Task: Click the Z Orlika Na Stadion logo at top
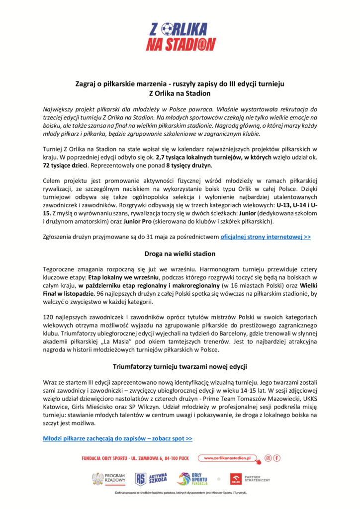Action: pyautogui.click(x=180, y=36)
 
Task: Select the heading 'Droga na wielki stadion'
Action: pyautogui.click(x=180, y=254)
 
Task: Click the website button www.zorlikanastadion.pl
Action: pyautogui.click(x=227, y=458)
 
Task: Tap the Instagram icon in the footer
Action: pyautogui.click(x=268, y=458)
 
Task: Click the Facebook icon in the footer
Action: pyautogui.click(x=277, y=458)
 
